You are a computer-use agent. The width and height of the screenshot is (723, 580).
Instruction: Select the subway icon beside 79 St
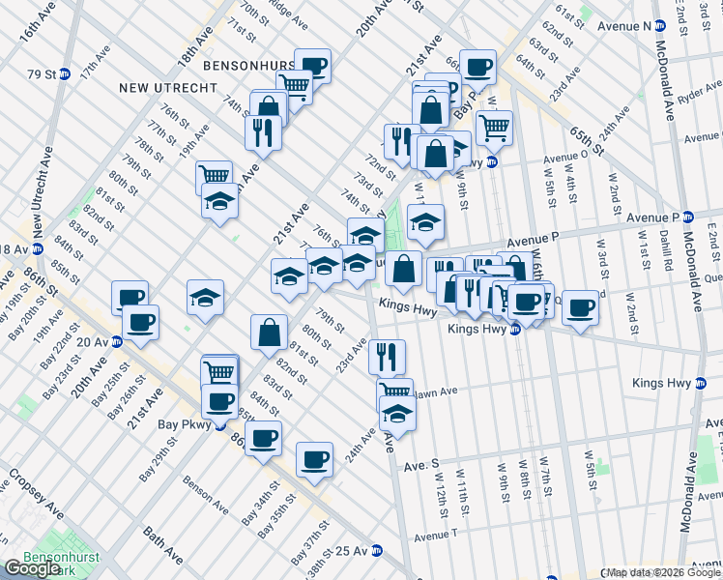click(x=65, y=73)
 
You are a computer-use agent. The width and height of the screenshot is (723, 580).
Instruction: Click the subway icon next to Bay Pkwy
click(x=220, y=423)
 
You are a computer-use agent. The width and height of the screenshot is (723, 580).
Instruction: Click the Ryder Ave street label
click(x=700, y=95)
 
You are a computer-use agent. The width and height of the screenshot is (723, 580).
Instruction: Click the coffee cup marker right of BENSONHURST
click(x=312, y=66)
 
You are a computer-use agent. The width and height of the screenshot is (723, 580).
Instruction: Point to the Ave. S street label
click(x=421, y=464)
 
